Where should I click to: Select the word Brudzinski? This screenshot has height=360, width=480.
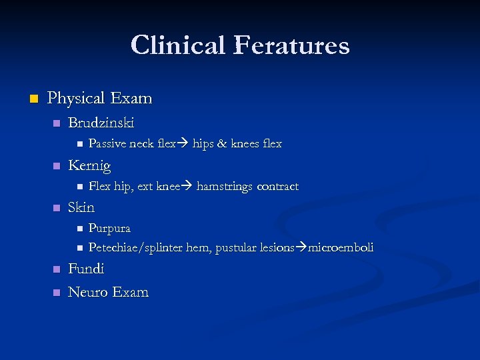(x=101, y=123)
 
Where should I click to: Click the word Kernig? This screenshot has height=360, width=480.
(x=89, y=165)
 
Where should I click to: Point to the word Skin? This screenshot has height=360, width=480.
(x=81, y=207)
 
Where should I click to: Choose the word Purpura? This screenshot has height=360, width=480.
(x=109, y=228)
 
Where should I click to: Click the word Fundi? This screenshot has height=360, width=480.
(x=86, y=269)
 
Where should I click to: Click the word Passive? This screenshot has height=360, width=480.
(x=107, y=143)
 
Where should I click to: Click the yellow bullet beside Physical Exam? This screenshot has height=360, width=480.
(x=33, y=99)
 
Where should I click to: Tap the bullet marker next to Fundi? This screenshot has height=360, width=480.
(x=57, y=269)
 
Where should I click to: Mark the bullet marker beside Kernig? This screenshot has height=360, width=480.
(x=57, y=166)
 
